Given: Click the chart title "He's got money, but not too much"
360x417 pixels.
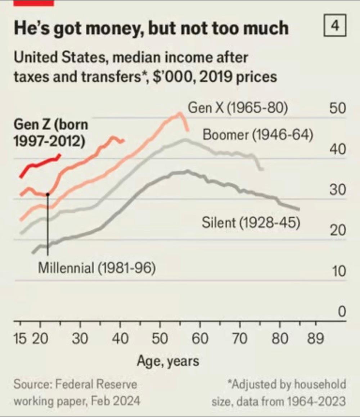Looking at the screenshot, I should (x=151, y=28).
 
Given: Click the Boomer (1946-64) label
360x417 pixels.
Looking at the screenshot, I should (x=258, y=135).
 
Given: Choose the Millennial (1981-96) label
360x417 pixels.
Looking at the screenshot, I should (x=97, y=268).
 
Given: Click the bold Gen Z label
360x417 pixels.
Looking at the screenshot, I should (x=50, y=133).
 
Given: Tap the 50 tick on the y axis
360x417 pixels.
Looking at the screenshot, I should (x=338, y=109).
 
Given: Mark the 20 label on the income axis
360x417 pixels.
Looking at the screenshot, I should (x=338, y=231).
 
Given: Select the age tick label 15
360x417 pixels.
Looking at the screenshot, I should (x=21, y=339).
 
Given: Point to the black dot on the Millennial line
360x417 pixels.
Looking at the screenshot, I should (x=48, y=194).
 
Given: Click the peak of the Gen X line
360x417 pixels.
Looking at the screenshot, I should (x=179, y=114).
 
